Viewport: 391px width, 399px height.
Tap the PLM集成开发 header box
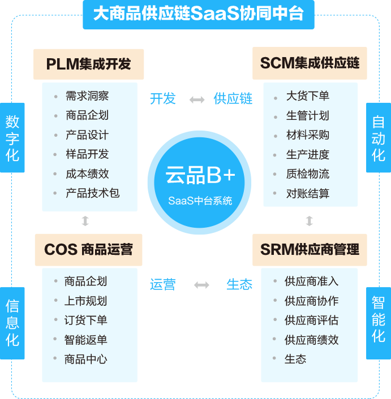point(89,63)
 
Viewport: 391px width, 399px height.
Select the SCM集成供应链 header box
point(309,63)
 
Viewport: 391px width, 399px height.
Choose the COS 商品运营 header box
point(89,249)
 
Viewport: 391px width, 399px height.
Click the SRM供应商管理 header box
point(309,249)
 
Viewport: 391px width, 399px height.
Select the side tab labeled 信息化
point(12,323)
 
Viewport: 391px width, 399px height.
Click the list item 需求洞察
point(87,96)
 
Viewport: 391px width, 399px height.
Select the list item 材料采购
point(307,135)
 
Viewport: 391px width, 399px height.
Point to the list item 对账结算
point(307,193)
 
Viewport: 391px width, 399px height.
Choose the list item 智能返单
point(85,340)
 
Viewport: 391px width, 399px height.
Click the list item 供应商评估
point(311,320)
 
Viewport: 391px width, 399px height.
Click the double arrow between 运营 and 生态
point(201,285)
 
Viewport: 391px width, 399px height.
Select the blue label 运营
point(162,285)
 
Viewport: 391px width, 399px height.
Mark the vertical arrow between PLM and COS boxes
point(85,221)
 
